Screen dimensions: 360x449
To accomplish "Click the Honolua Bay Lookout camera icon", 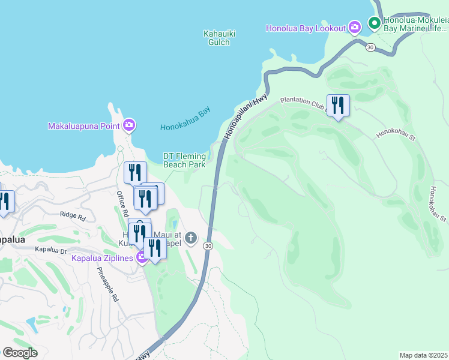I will [355, 28].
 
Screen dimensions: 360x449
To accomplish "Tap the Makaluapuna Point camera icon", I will [128, 125].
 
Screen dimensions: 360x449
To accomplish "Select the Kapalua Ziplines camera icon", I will [142, 258].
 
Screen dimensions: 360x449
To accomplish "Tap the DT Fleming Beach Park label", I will [184, 160].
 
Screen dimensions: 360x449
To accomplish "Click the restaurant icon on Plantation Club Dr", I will [338, 106].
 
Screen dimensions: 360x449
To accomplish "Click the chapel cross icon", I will [190, 238].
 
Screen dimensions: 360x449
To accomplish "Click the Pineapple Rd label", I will [108, 283].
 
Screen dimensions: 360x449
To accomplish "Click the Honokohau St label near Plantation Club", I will [396, 128].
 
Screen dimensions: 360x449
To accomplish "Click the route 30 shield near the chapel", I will [208, 245].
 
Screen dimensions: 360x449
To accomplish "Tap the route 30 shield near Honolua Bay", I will [371, 47].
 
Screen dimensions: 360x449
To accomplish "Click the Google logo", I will [20, 353].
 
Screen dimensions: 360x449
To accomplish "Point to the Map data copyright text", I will [424, 355].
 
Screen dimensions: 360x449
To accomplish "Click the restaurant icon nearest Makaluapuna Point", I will [135, 172].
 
